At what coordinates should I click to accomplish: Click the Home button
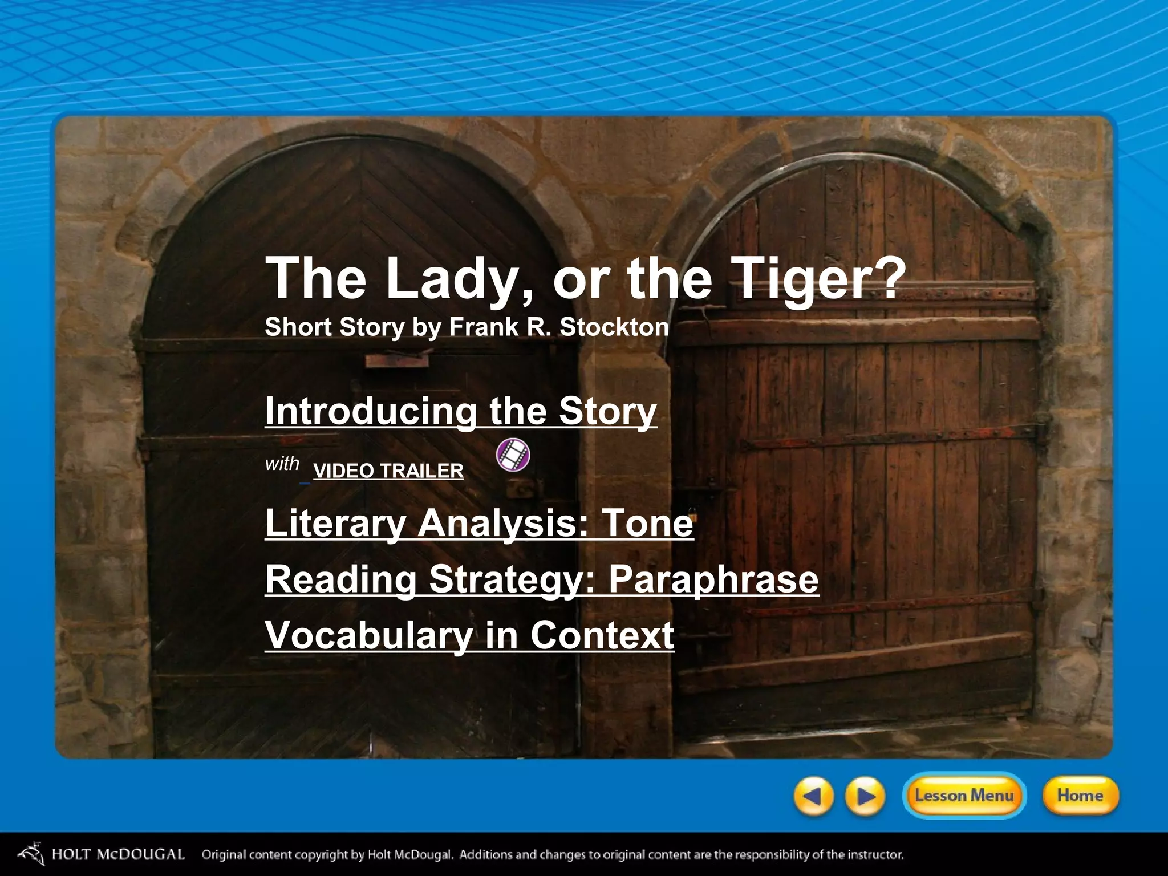[1080, 796]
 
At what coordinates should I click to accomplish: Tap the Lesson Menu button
[964, 796]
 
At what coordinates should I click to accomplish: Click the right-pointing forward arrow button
[865, 796]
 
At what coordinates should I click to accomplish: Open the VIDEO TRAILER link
[388, 471]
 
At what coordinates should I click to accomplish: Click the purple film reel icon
[513, 455]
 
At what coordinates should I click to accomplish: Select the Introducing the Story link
[461, 411]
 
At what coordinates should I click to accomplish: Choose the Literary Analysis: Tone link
[479, 522]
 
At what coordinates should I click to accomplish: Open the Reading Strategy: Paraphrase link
[542, 579]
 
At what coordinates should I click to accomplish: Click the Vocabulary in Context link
[469, 635]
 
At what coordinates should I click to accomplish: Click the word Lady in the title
[448, 278]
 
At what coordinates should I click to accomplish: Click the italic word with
[282, 464]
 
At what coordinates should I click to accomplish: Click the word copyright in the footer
[321, 855]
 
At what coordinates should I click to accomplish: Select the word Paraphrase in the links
[713, 579]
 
